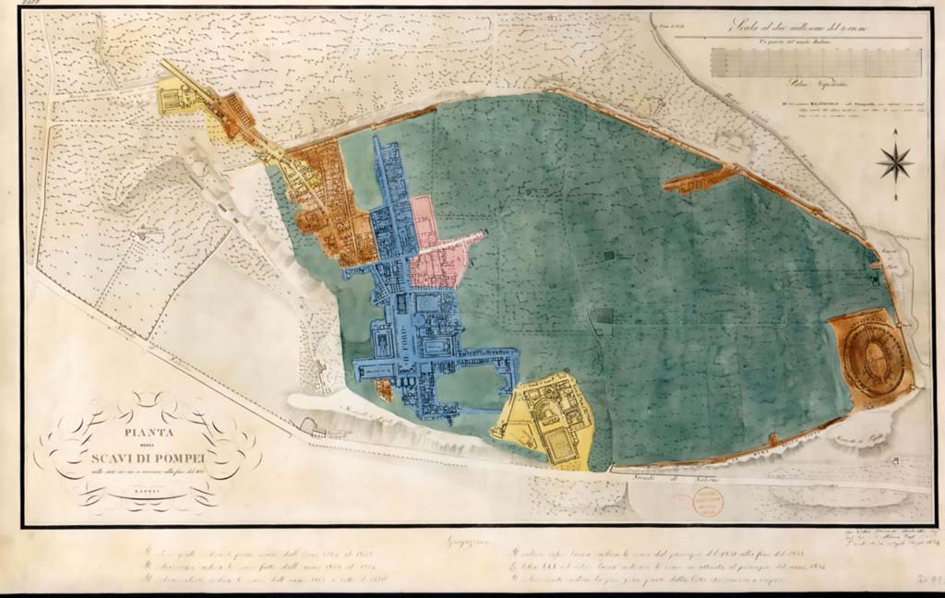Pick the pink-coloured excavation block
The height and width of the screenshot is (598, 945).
(x=438, y=249)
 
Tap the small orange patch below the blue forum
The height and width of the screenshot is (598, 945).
(x=385, y=390)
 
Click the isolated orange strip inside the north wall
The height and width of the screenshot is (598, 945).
(x=700, y=179)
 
